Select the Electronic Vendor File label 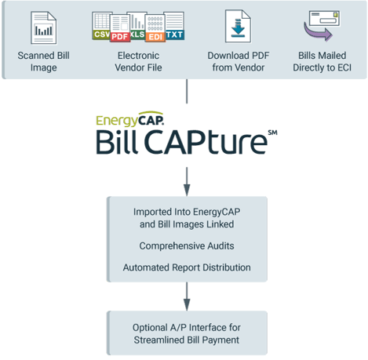pyautogui.click(x=138, y=61)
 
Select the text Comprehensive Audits pyautogui.click(x=186, y=245)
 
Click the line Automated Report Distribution pyautogui.click(x=186, y=267)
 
